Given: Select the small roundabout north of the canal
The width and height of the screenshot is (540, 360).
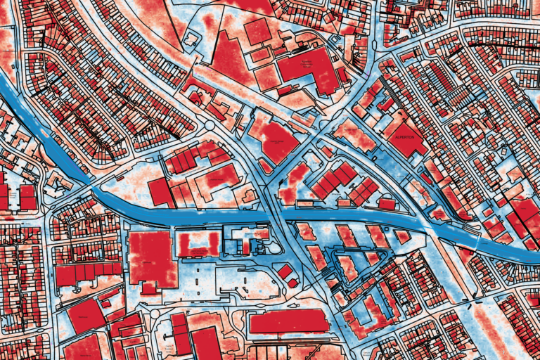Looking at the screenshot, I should click(210, 125).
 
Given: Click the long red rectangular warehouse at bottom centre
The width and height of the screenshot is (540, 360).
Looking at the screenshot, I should click(288, 322).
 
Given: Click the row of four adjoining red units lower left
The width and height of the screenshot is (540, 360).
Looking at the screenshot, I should click(88, 272).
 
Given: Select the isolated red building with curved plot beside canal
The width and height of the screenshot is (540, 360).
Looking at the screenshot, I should click(161, 191).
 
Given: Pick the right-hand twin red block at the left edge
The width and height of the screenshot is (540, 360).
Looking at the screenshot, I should click(27, 198).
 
